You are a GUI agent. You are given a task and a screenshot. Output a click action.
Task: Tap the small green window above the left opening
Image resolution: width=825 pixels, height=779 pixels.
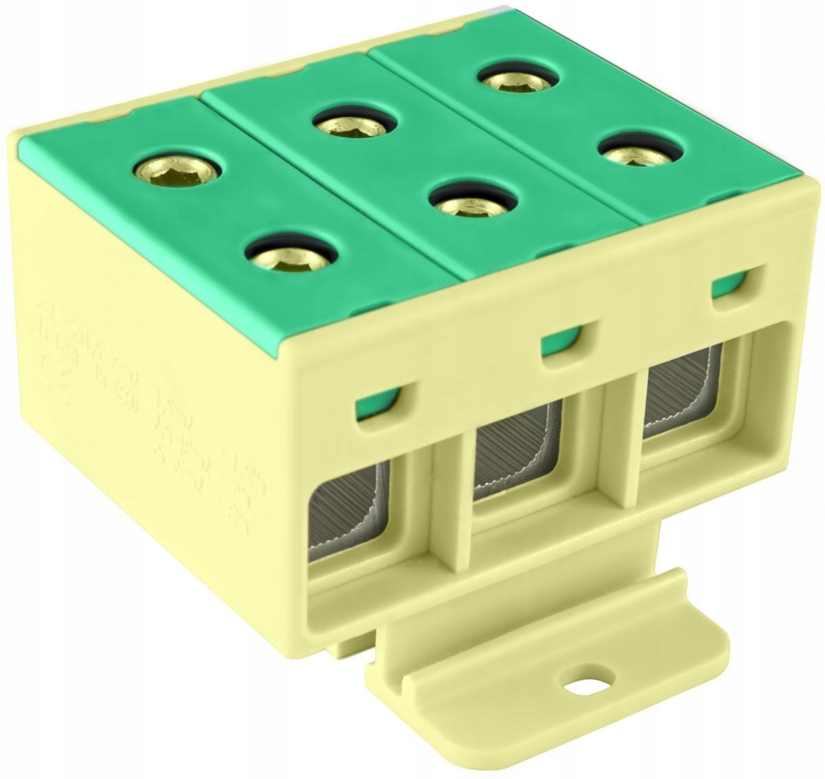[377, 405]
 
